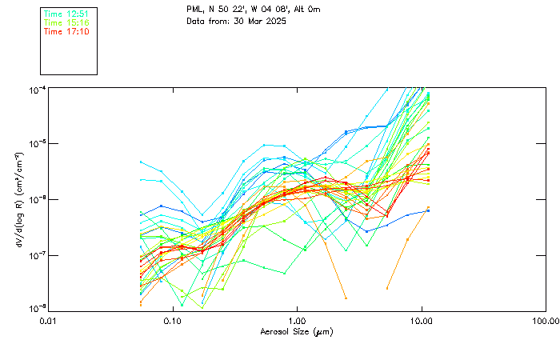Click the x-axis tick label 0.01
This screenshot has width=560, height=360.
coord(49,320)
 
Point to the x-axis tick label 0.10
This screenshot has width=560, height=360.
coord(173,320)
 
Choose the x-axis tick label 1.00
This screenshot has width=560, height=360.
coord(297,320)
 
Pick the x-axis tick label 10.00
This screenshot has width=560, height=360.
coord(421,320)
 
